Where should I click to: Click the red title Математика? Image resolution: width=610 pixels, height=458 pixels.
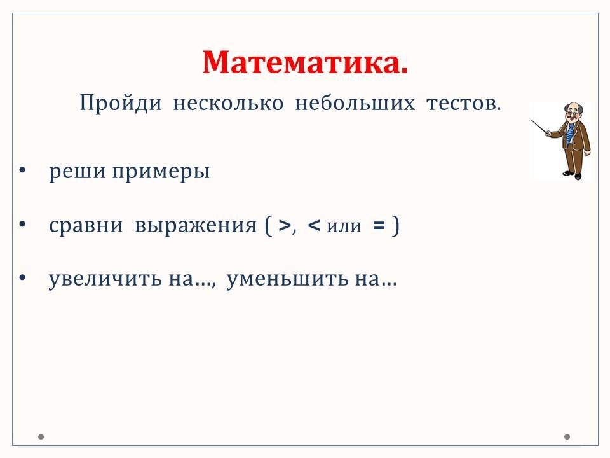pyautogui.click(x=306, y=62)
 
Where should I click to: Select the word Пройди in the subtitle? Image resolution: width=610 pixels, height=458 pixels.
pyautogui.click(x=121, y=104)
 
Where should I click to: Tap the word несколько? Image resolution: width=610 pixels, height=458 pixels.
pyautogui.click(x=228, y=104)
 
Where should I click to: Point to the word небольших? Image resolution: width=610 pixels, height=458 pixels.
pyautogui.click(x=355, y=103)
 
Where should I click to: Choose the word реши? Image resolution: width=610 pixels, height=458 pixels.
pyautogui.click(x=78, y=171)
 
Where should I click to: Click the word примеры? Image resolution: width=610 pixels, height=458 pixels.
pyautogui.click(x=161, y=171)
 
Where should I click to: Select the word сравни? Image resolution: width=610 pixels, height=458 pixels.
pyautogui.click(x=86, y=225)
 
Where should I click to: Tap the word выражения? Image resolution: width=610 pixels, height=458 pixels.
pyautogui.click(x=196, y=225)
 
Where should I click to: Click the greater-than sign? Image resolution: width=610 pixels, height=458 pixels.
pyautogui.click(x=285, y=225)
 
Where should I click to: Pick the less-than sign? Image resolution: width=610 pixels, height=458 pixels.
pyautogui.click(x=313, y=225)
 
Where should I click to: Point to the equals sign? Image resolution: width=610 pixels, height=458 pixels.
pyautogui.click(x=379, y=225)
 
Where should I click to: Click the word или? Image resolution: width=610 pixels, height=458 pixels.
pyautogui.click(x=344, y=226)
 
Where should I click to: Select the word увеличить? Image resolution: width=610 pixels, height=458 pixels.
pyautogui.click(x=105, y=279)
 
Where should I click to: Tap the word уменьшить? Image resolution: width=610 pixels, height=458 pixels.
pyautogui.click(x=287, y=279)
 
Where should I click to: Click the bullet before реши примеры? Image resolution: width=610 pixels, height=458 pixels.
pyautogui.click(x=22, y=170)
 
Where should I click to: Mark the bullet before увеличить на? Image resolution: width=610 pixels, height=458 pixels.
pyautogui.click(x=22, y=277)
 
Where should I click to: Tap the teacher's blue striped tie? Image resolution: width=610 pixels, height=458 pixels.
pyautogui.click(x=570, y=134)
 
